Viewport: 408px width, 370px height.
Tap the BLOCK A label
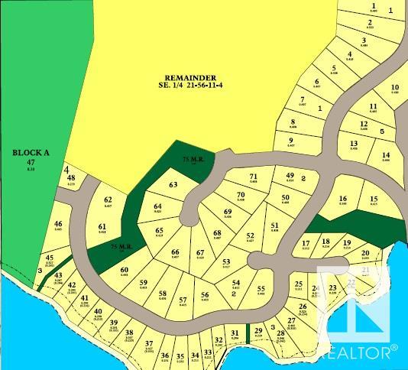31,152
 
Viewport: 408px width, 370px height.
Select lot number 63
173,185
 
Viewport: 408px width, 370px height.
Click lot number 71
254,177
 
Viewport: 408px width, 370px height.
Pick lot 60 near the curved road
124,269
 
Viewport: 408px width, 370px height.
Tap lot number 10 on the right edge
395,87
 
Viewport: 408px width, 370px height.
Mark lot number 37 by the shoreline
148,344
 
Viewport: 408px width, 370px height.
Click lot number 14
386,155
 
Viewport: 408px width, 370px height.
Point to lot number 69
227,212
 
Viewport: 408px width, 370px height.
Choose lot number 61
102,226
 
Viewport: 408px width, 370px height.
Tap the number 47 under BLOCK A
31,164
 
